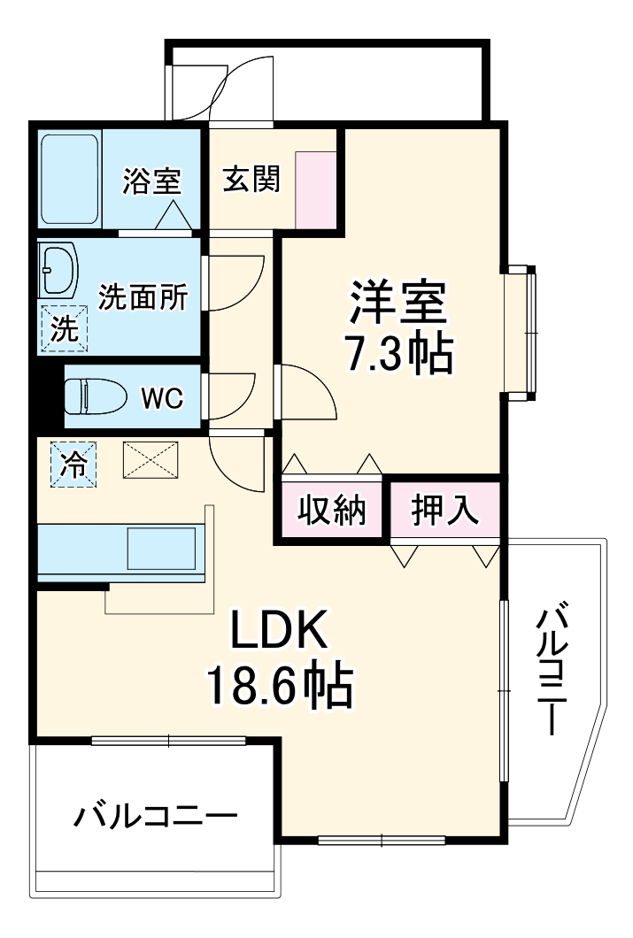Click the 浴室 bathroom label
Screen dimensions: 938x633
[151, 181]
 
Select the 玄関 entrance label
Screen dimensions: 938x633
[251, 180]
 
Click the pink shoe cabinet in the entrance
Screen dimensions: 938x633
[316, 189]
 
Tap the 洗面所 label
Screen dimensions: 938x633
[143, 297]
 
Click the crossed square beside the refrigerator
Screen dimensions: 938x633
[150, 460]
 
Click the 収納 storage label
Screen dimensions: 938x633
[331, 510]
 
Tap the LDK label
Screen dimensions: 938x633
[280, 630]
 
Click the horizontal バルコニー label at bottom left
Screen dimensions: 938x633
[155, 815]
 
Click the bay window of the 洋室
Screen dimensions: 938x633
[522, 332]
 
